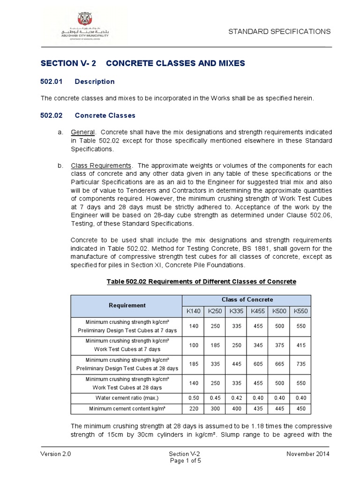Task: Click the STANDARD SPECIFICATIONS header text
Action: (x=279, y=31)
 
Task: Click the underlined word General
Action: (x=83, y=132)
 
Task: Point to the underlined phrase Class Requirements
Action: (x=101, y=166)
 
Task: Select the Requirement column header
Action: (x=127, y=305)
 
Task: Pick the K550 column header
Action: (x=300, y=311)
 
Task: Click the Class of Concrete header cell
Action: (x=247, y=300)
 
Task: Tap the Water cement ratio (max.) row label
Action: (x=127, y=398)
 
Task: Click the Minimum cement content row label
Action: (x=127, y=409)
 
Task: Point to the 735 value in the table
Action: (x=300, y=363)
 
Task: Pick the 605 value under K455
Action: (x=257, y=363)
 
